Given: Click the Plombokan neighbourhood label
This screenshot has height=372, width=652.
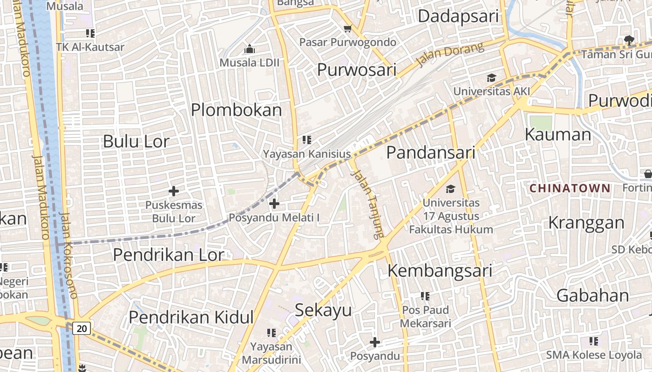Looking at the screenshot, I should (x=236, y=110).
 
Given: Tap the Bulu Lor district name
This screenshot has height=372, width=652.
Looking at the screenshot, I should (x=136, y=141).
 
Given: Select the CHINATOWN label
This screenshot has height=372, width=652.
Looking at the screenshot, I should (x=570, y=188).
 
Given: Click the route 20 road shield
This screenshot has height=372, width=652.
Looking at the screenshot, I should (x=81, y=328).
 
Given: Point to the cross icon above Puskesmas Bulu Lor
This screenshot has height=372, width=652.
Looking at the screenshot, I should (x=174, y=191).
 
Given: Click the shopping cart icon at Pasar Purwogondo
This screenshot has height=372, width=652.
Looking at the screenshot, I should (x=347, y=29).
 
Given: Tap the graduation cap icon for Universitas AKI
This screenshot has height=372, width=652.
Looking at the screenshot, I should (x=491, y=78).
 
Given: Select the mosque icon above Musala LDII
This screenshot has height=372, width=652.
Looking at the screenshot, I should (x=250, y=49).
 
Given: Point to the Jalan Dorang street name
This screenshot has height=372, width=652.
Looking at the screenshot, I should (x=450, y=55).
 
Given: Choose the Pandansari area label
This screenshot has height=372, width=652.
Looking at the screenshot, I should (x=431, y=153).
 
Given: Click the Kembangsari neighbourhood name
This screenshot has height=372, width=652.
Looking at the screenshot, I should (x=440, y=270).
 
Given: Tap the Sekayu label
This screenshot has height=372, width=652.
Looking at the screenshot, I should (x=323, y=310).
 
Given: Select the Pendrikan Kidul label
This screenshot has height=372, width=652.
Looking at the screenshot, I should (x=191, y=317).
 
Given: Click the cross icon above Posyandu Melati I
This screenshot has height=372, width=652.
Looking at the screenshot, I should (x=274, y=203).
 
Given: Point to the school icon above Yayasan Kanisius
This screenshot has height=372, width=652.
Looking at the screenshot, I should (x=306, y=139).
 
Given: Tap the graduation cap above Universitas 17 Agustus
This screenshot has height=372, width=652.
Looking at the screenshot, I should (x=450, y=189).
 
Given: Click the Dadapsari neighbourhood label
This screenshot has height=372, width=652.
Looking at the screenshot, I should (x=458, y=16).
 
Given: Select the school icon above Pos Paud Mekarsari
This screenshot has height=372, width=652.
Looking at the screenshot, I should (x=425, y=296).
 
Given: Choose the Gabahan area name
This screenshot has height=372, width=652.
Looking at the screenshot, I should (x=593, y=296).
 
